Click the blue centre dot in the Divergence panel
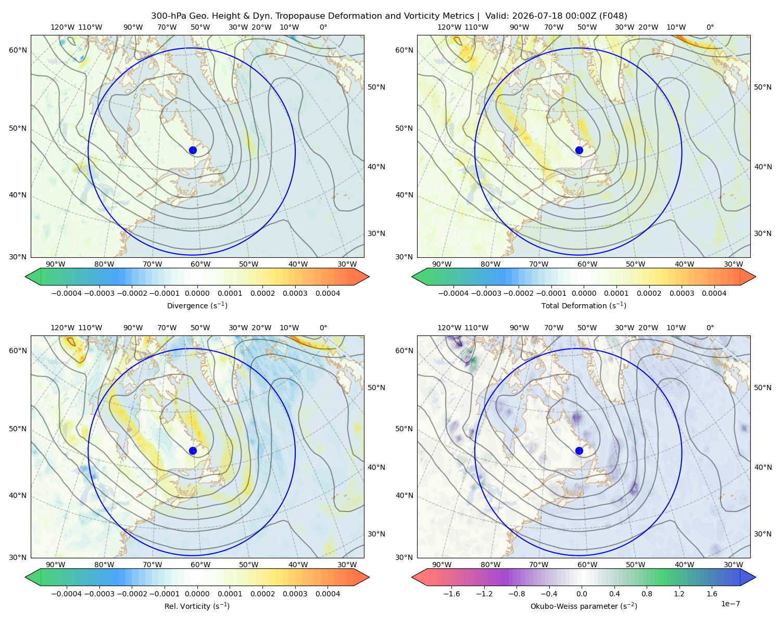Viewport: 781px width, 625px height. click(x=193, y=151)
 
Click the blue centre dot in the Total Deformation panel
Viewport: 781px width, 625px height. click(x=579, y=151)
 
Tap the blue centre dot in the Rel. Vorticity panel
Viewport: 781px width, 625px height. click(x=193, y=451)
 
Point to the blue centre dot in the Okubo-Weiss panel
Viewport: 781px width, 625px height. click(x=579, y=451)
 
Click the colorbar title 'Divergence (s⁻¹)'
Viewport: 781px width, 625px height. click(x=197, y=305)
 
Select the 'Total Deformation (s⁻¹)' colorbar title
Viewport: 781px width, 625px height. click(x=584, y=305)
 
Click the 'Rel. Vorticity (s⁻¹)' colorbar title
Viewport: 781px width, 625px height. click(x=197, y=606)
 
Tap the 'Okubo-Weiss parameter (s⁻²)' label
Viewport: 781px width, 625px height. click(x=584, y=606)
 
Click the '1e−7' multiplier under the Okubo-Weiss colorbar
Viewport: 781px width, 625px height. click(x=730, y=604)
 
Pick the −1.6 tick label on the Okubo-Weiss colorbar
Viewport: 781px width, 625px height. click(x=451, y=594)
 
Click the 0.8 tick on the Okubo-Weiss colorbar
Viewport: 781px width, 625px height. click(x=647, y=594)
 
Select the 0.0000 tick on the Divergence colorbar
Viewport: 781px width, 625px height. click(x=197, y=293)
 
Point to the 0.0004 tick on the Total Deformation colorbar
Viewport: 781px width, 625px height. click(x=714, y=293)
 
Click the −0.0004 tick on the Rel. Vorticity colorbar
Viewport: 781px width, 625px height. click(x=67, y=594)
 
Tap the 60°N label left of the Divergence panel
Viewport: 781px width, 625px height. click(x=18, y=50)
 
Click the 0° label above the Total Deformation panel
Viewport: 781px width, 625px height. click(x=710, y=27)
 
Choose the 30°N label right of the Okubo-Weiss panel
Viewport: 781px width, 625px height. click(x=763, y=534)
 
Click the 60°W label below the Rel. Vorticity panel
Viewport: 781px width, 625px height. click(x=200, y=565)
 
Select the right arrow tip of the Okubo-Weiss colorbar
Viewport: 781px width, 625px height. click(x=755, y=577)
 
